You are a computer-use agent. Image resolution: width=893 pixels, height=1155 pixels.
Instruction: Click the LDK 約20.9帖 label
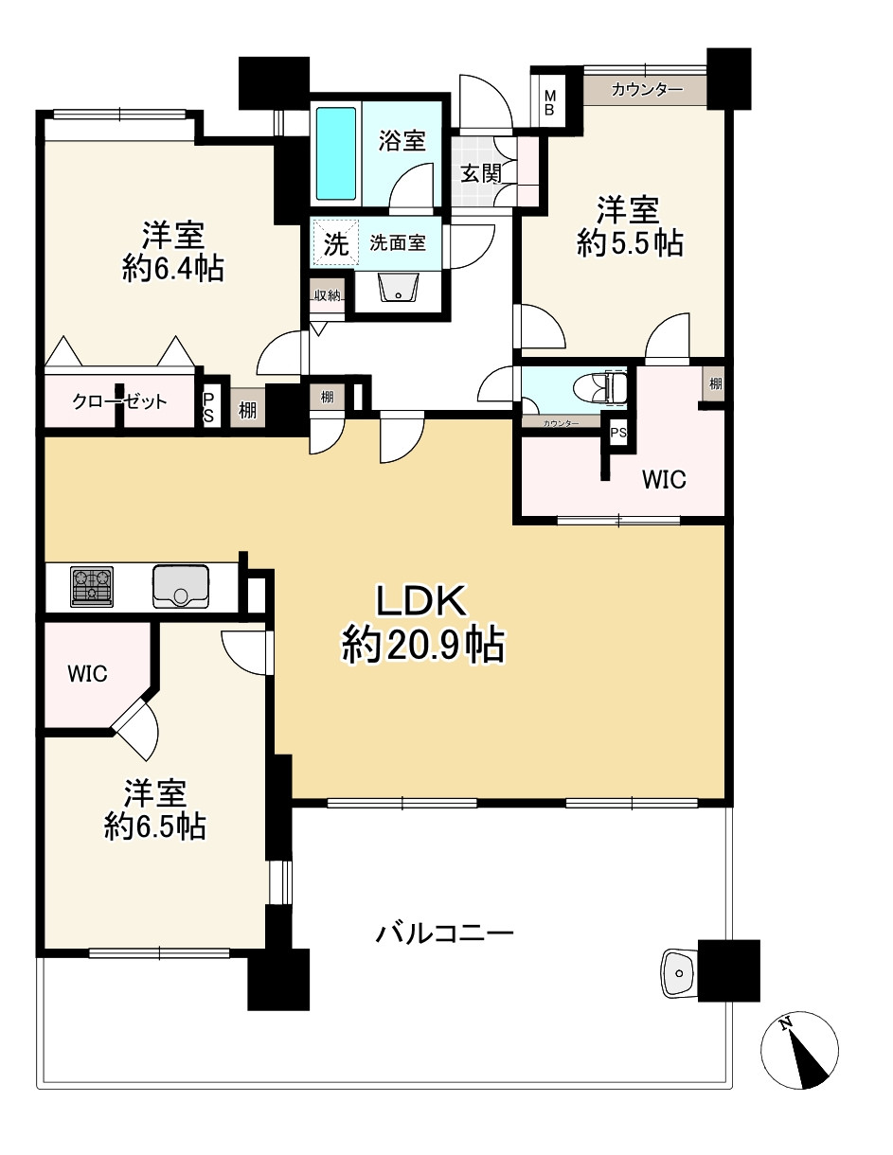(422, 624)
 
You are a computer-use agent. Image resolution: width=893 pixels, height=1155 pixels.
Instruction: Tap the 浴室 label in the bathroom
(402, 140)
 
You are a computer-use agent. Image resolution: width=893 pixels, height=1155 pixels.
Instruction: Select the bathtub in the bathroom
(336, 153)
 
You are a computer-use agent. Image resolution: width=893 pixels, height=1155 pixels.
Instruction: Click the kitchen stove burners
(92, 587)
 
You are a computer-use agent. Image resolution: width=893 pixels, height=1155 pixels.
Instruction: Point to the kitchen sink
(181, 586)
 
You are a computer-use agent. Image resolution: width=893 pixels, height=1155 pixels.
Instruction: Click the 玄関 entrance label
(482, 173)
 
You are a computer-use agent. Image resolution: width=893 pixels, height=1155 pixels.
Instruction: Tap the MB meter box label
(550, 102)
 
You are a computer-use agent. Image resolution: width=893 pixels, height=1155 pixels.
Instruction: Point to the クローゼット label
(119, 401)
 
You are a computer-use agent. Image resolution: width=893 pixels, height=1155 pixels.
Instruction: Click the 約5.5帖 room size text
(630, 244)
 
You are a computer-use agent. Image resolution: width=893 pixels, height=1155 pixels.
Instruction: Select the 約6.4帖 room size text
(173, 269)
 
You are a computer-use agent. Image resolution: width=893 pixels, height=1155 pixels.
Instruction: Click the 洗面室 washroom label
(398, 243)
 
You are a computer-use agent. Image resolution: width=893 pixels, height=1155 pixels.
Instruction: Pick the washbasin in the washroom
(398, 288)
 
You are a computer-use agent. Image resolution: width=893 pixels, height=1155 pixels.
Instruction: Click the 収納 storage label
(328, 295)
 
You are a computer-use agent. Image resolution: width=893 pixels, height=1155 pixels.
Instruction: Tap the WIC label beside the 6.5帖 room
(88, 674)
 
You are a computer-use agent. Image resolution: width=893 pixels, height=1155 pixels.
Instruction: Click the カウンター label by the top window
(647, 90)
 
